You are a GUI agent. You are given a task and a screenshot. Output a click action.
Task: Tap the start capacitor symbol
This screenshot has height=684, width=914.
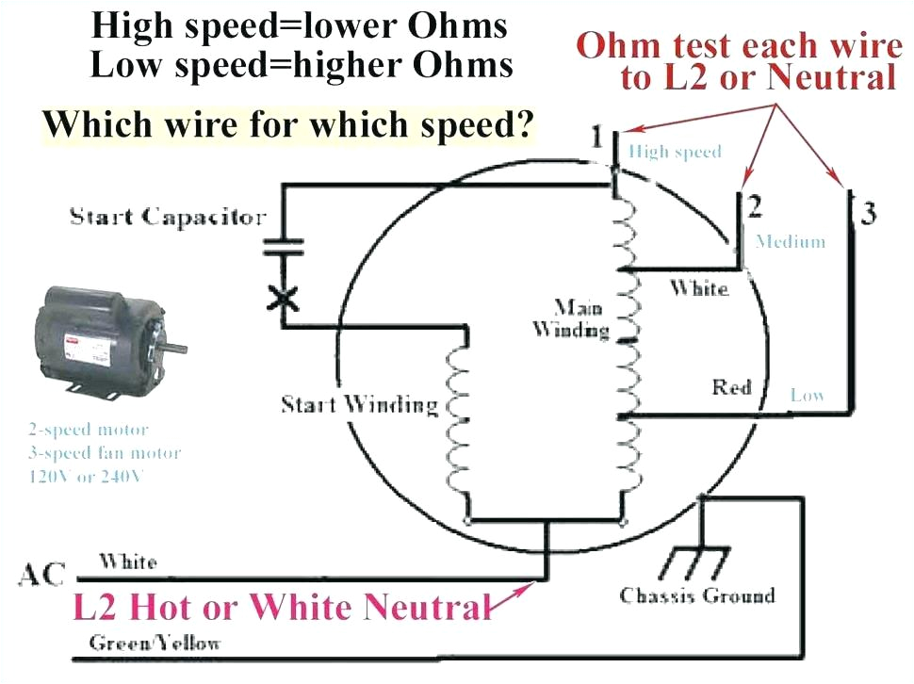click(x=282, y=247)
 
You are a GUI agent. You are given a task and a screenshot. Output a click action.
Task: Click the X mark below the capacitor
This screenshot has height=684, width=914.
click(x=282, y=300)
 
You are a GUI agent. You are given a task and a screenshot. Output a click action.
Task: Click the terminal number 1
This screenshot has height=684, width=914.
click(x=596, y=138)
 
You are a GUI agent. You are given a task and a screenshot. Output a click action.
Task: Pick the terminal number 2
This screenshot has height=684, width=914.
click(x=754, y=205)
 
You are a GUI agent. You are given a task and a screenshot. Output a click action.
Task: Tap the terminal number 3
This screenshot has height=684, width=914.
click(x=869, y=213)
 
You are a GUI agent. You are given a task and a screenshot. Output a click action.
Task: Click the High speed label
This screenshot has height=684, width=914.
click(x=675, y=152)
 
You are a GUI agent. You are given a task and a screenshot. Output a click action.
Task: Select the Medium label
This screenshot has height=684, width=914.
click(x=790, y=242)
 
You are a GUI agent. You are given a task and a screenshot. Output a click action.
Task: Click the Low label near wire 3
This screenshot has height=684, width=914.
click(x=807, y=396)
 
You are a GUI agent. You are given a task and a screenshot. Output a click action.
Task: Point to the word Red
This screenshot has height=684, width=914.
click(x=731, y=387)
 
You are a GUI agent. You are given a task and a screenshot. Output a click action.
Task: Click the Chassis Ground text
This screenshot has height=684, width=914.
click(x=697, y=595)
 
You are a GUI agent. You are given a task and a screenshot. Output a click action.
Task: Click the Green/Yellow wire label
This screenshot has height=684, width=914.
click(x=155, y=643)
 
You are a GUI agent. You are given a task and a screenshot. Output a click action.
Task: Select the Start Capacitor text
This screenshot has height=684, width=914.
click(x=168, y=218)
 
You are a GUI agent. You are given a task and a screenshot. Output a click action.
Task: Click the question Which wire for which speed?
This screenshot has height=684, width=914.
click(x=289, y=123)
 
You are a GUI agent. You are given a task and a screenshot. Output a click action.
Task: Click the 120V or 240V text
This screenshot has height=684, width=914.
click(x=85, y=476)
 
